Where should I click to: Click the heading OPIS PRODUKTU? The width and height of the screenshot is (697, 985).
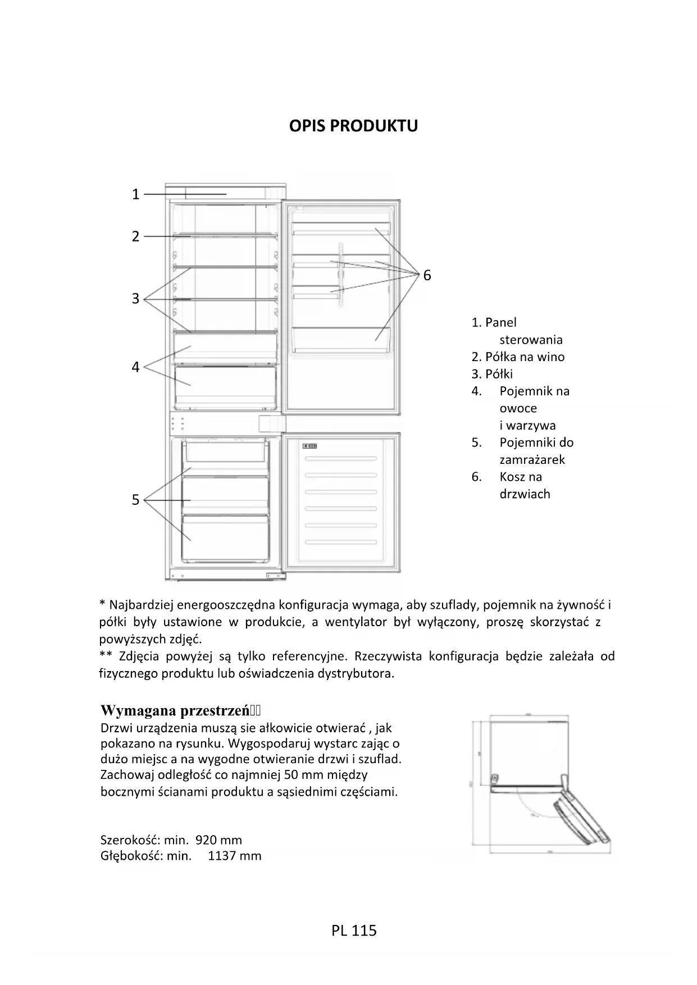(353, 126)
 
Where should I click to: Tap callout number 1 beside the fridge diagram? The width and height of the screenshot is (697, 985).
(135, 194)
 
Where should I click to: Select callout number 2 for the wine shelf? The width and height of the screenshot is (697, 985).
(135, 236)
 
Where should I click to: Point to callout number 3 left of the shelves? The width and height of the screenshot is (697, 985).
(135, 299)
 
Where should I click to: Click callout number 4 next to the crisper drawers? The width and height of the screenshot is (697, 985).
(135, 367)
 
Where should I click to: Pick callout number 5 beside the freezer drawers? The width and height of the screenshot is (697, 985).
(135, 500)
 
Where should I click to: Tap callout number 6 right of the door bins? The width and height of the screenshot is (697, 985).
(427, 275)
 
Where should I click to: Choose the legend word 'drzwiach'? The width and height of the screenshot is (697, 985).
(525, 494)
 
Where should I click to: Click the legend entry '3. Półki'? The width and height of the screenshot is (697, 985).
(492, 374)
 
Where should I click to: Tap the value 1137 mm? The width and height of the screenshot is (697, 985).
(234, 856)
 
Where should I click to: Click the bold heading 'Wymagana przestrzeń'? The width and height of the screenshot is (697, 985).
(174, 710)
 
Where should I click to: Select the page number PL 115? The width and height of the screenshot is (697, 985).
(354, 931)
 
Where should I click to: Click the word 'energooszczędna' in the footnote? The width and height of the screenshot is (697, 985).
(228, 605)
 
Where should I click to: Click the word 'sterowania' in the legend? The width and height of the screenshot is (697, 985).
(531, 340)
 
